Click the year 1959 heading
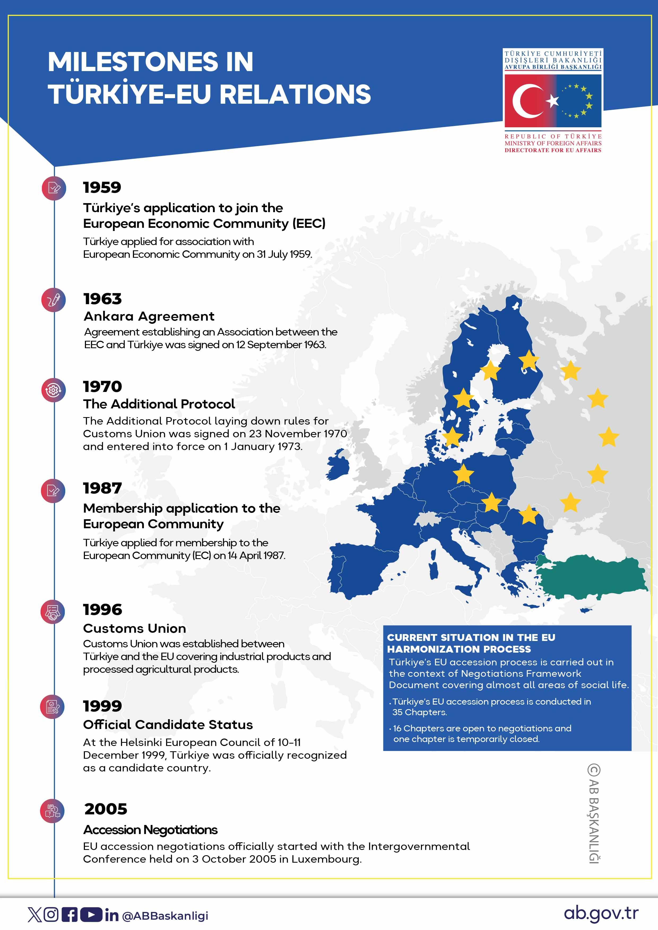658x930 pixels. point(102,187)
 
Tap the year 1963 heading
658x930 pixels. point(102,299)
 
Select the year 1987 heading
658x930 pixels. point(102,488)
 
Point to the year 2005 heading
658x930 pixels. point(106,809)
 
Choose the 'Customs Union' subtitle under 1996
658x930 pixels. point(135,628)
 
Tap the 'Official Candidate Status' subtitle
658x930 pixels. point(168,724)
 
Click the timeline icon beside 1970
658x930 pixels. point(53,390)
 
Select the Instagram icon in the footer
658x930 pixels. point(51,915)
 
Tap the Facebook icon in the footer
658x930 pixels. point(70,915)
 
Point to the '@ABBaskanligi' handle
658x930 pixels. point(165,916)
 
